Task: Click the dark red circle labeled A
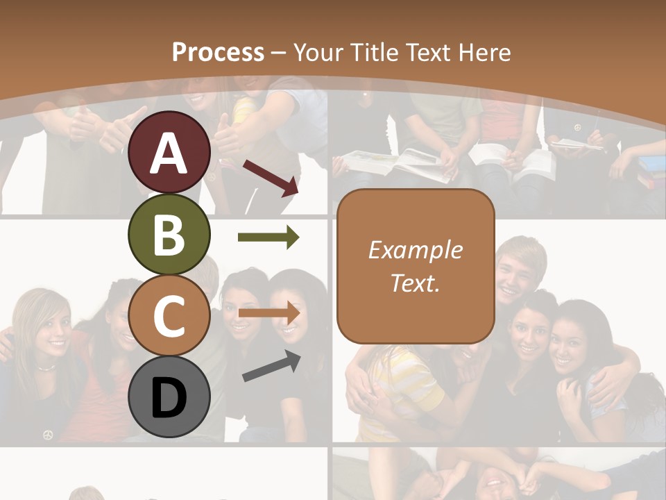pos(169,152)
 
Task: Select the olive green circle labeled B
pos(169,234)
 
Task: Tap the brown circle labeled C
pos(169,315)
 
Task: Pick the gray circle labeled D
pos(169,397)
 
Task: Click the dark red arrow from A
pos(271,178)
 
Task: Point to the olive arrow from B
pos(268,237)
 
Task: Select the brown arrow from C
pos(268,312)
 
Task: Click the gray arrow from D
pos(271,366)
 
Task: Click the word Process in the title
pos(218,52)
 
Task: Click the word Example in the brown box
pos(415,250)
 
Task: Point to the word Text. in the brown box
pos(415,283)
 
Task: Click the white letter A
pos(169,153)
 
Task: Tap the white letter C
pos(169,317)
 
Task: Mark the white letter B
pos(169,235)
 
